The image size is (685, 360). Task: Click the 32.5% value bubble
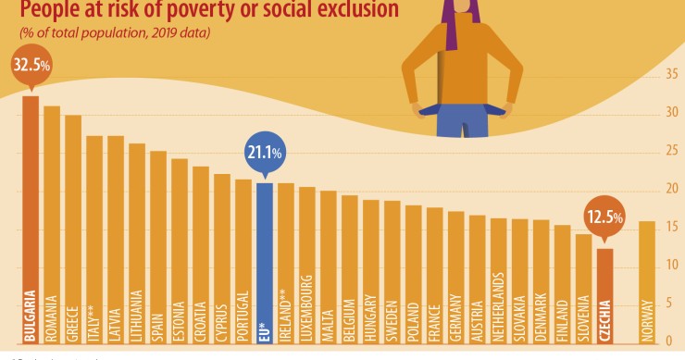click(31, 67)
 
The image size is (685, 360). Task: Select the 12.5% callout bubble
click(604, 218)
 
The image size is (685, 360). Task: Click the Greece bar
click(74, 228)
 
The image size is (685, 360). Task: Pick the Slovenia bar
click(583, 287)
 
